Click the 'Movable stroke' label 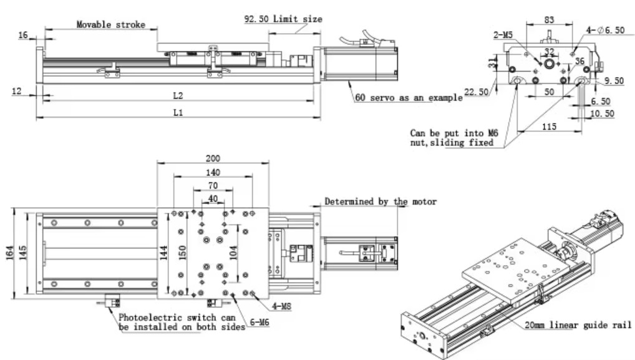point(110,24)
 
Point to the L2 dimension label point(178,95)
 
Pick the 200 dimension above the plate point(213,159)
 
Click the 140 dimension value point(213,172)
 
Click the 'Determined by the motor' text point(381,202)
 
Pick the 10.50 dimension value point(603,114)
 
